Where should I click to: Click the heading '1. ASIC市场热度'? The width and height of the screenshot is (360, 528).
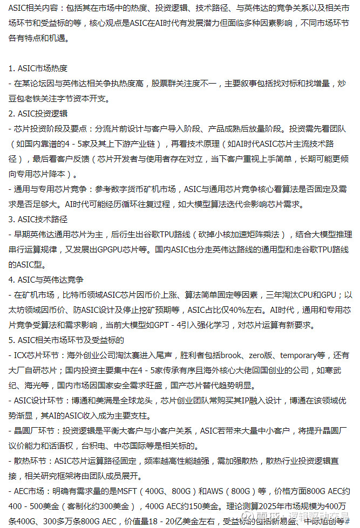[38, 68]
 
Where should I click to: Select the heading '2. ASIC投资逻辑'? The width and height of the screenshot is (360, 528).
[38, 114]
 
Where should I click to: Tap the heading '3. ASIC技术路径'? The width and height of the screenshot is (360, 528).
[38, 220]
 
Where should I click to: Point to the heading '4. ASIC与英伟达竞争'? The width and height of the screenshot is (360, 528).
[46, 280]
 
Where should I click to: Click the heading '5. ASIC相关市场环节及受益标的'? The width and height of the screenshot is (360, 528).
[66, 340]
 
